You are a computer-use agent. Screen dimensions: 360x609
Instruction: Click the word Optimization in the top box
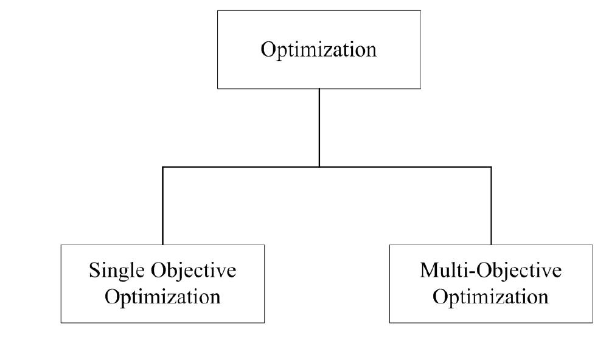pyautogui.click(x=319, y=49)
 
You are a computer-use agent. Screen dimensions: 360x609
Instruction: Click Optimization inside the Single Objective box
pyautogui.click(x=162, y=298)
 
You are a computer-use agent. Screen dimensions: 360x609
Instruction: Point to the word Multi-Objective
pyautogui.click(x=490, y=271)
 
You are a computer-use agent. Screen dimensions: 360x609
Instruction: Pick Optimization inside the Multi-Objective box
pyautogui.click(x=490, y=298)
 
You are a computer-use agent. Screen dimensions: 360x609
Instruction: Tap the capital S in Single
pyautogui.click(x=94, y=271)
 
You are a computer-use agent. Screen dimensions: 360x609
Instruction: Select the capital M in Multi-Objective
pyautogui.click(x=429, y=271)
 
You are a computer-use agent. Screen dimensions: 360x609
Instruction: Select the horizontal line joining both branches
pyautogui.click(x=243, y=167)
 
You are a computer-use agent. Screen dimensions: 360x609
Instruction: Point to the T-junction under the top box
pyautogui.click(x=319, y=167)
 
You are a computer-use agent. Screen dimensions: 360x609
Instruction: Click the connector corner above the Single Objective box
pyautogui.click(x=162, y=167)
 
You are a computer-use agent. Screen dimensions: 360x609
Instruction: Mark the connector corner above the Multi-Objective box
pyautogui.click(x=490, y=167)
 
